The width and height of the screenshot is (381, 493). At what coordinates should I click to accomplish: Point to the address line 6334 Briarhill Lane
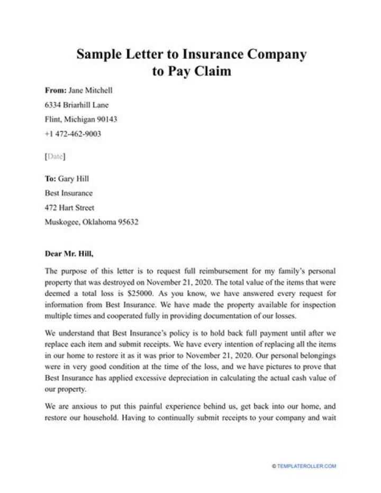pyautogui.click(x=77, y=105)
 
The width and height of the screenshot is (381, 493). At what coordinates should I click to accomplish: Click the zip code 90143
pyautogui.click(x=105, y=119)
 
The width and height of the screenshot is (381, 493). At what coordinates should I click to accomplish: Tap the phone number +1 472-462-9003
pyautogui.click(x=73, y=133)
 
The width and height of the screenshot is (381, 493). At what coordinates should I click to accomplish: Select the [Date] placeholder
pyautogui.click(x=55, y=156)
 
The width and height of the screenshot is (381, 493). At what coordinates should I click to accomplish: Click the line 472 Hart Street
pyautogui.click(x=69, y=208)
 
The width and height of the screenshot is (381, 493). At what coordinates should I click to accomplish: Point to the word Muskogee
pyautogui.click(x=62, y=222)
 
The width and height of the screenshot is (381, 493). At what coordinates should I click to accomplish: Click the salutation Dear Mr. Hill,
pyautogui.click(x=72, y=253)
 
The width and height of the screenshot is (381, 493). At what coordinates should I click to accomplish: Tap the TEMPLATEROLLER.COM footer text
pyautogui.click(x=305, y=466)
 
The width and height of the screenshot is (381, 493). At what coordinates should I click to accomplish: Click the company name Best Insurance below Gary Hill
pyautogui.click(x=69, y=193)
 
